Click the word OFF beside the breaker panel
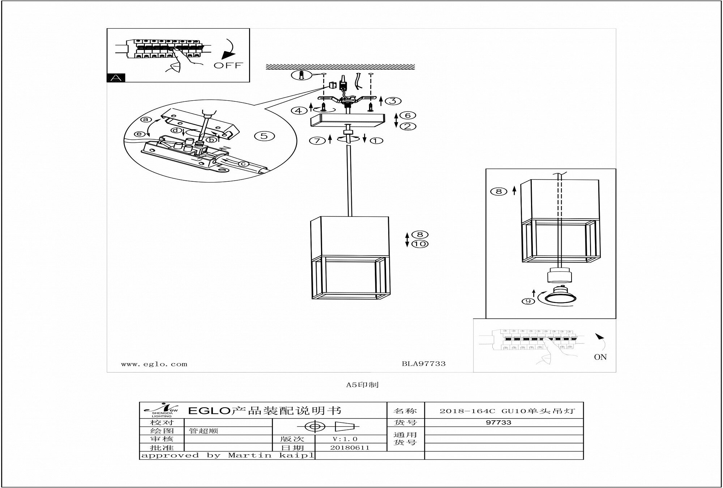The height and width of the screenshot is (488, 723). [x=228, y=66]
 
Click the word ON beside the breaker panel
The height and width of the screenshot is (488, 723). [x=600, y=357]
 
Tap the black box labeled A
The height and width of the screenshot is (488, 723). [x=116, y=77]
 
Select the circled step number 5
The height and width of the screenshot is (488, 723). [x=264, y=136]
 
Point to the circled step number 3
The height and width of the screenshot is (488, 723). [x=393, y=101]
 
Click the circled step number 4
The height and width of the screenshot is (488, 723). [x=299, y=110]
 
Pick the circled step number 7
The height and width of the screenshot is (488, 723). [x=317, y=140]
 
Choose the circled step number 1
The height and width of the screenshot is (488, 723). [x=376, y=140]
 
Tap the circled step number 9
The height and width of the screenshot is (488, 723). [x=528, y=301]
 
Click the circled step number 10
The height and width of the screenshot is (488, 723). [x=420, y=244]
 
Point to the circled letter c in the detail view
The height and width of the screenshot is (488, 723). [x=243, y=164]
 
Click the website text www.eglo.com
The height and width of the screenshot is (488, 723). [x=154, y=364]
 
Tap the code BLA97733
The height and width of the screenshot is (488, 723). [x=423, y=363]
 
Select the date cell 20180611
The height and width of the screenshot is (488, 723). [x=350, y=447]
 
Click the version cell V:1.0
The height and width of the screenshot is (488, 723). [x=345, y=439]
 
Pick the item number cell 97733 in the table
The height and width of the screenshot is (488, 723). [x=499, y=422]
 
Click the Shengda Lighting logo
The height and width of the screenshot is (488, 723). [x=161, y=410]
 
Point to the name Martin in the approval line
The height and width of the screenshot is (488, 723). [x=249, y=455]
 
